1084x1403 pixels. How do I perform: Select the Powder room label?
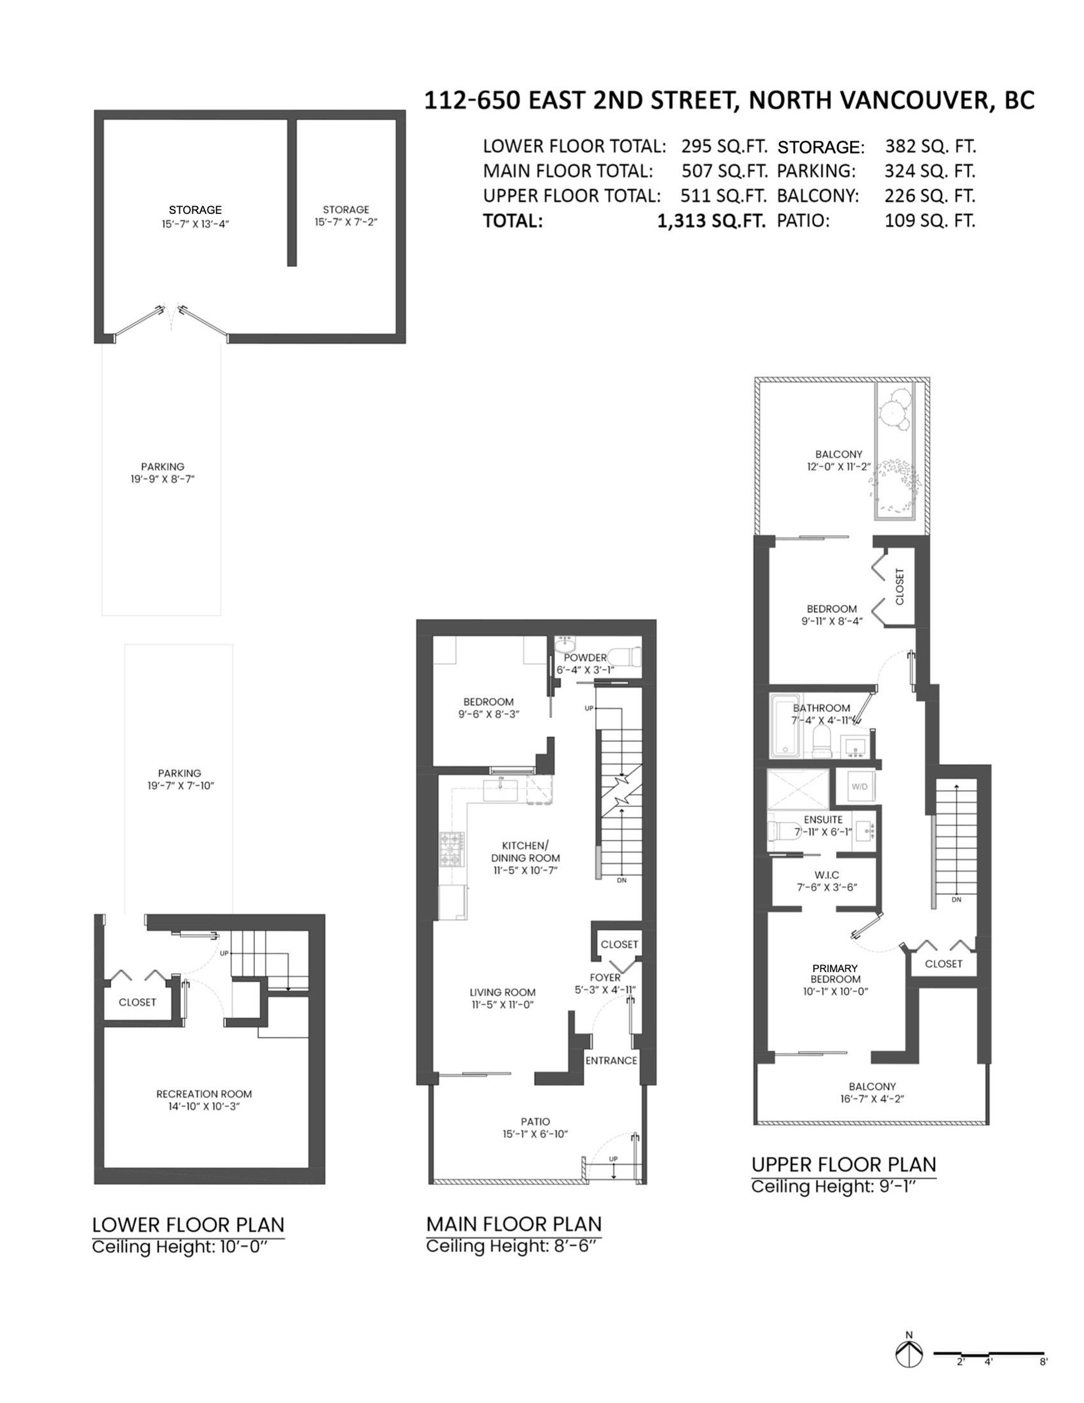coord(585,657)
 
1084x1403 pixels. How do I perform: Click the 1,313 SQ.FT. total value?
coord(711,221)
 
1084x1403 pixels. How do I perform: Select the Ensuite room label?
coord(823,820)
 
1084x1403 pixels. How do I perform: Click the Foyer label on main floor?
coord(605,977)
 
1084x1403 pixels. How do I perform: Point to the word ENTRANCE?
coord(611,1060)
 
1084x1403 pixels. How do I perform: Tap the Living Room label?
coord(502,992)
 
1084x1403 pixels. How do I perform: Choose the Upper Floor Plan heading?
coord(843,1164)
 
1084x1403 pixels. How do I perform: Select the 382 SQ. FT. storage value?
coord(930,146)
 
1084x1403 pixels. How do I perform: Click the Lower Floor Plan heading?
coord(188,1225)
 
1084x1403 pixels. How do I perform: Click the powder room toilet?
coord(625,657)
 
